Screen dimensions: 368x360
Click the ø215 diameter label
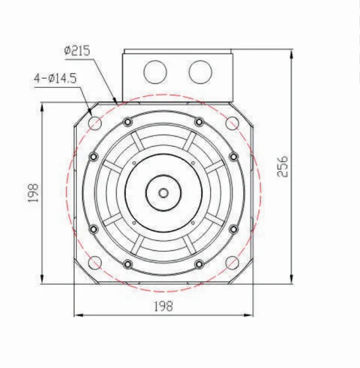pos(77,51)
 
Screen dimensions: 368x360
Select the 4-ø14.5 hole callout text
pos(55,79)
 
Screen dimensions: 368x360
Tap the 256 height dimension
pos(283,166)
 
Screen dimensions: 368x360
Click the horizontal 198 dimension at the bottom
pos(163,306)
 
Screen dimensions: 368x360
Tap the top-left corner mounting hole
pos(95,123)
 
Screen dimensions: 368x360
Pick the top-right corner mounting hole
pos(232,123)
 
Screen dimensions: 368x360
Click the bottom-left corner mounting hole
pos(95,262)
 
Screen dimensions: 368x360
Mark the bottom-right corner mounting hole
pos(232,262)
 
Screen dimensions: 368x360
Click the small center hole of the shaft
pos(163,193)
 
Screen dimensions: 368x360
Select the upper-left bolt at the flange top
pos(127,122)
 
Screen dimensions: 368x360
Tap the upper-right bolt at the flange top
pos(199,122)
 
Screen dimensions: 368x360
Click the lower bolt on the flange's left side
pos(94,229)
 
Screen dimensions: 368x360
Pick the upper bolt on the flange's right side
pos(234,157)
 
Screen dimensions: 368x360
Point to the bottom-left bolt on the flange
pos(127,263)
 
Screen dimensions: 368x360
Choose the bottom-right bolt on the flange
pos(199,263)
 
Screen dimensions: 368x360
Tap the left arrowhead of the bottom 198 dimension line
pos(77,315)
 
